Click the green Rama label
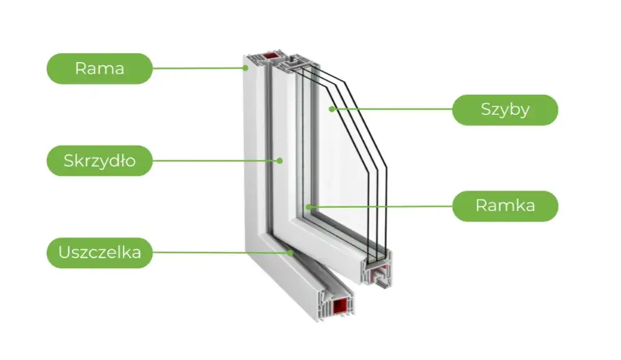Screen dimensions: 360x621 click(x=99, y=68)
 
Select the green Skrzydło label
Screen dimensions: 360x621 click(x=99, y=161)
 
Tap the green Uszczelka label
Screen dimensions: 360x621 click(x=99, y=253)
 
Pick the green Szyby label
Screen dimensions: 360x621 click(x=505, y=110)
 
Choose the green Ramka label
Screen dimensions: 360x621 click(x=505, y=206)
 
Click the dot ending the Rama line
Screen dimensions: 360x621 click(x=246, y=68)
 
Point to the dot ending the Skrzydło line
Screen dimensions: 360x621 click(x=280, y=161)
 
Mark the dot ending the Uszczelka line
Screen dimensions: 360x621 click(x=290, y=253)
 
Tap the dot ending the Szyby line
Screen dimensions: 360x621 click(x=332, y=110)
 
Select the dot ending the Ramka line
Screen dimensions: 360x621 click(x=307, y=206)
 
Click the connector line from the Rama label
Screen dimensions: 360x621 click(x=199, y=68)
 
